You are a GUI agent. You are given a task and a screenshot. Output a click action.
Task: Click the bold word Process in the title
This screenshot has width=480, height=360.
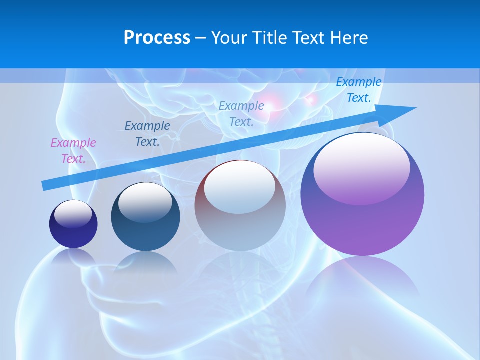[157, 38]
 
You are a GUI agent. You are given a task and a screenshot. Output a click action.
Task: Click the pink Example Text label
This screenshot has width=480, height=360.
[73, 151]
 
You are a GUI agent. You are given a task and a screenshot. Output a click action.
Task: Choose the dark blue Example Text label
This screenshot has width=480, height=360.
[147, 134]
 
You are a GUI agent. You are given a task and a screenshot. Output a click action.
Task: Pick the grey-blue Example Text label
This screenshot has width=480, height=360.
[241, 113]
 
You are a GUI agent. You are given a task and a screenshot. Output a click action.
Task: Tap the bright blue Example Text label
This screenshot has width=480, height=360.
[358, 90]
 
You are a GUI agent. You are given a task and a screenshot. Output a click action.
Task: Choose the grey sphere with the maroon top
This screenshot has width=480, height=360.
[240, 220]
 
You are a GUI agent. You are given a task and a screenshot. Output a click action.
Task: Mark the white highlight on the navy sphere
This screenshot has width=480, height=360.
[73, 213]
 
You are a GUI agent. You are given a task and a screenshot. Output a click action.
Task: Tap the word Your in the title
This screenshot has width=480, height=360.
[227, 38]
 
